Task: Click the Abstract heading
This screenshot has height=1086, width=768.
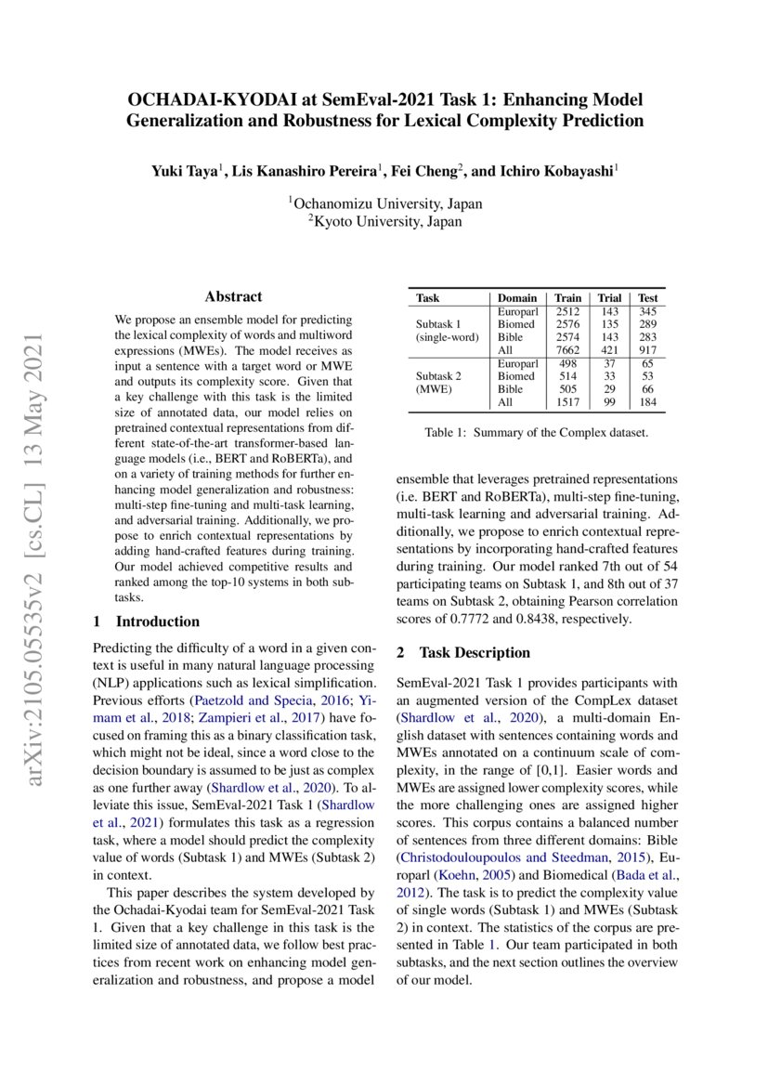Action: [233, 296]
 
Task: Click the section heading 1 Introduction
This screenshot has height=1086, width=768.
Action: [147, 622]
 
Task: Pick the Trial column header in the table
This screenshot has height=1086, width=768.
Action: [609, 298]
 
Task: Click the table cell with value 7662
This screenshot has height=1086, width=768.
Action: [566, 350]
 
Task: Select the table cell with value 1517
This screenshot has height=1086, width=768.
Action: [566, 402]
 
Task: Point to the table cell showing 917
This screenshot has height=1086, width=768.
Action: [647, 350]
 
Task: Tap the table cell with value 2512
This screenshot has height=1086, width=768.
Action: [566, 311]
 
